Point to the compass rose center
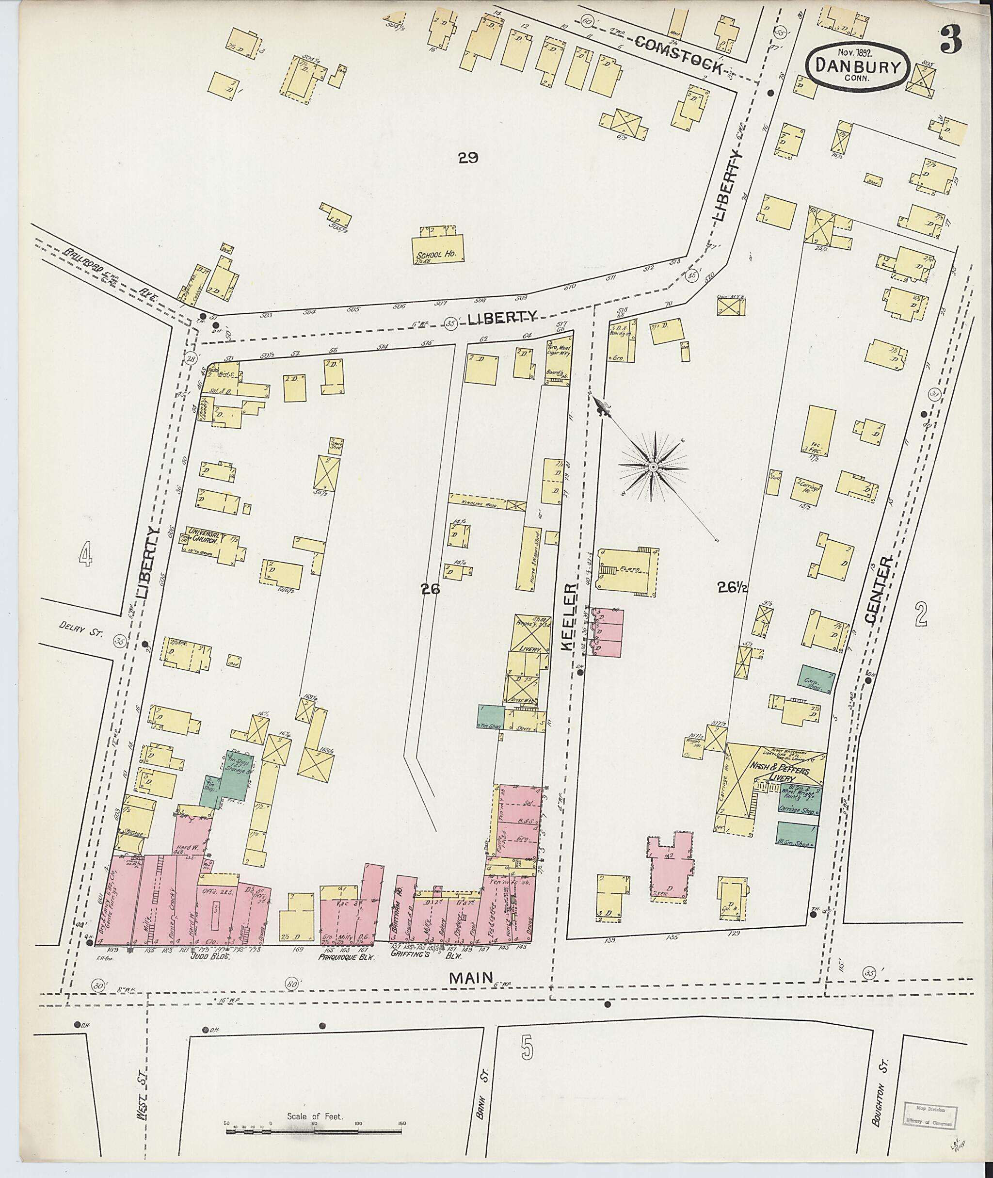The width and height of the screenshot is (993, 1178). click(653, 468)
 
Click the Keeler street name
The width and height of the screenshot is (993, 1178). click(570, 618)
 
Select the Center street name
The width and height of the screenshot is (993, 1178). click(878, 590)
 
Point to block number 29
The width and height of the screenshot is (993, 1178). click(468, 158)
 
